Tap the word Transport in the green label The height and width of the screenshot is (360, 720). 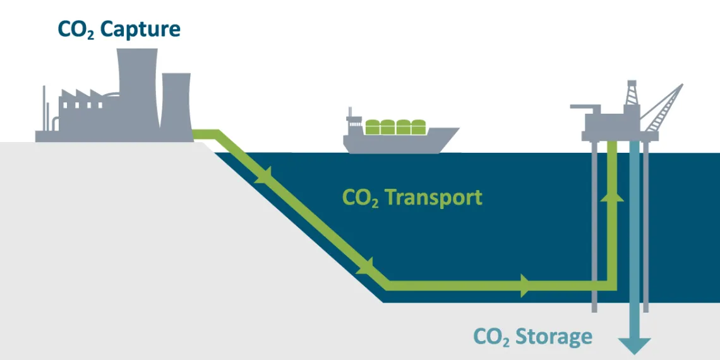pos(433,198)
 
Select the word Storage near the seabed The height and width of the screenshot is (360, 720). pos(554,336)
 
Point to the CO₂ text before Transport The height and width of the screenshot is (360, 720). pos(360,198)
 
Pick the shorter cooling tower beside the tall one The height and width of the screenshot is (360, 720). pos(176,104)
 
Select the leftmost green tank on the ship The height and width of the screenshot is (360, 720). pos(373,127)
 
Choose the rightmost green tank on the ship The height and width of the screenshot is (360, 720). pos(418,127)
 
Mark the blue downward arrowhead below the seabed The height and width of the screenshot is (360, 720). pos(634,345)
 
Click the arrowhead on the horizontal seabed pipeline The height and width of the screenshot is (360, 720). pos(525,285)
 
